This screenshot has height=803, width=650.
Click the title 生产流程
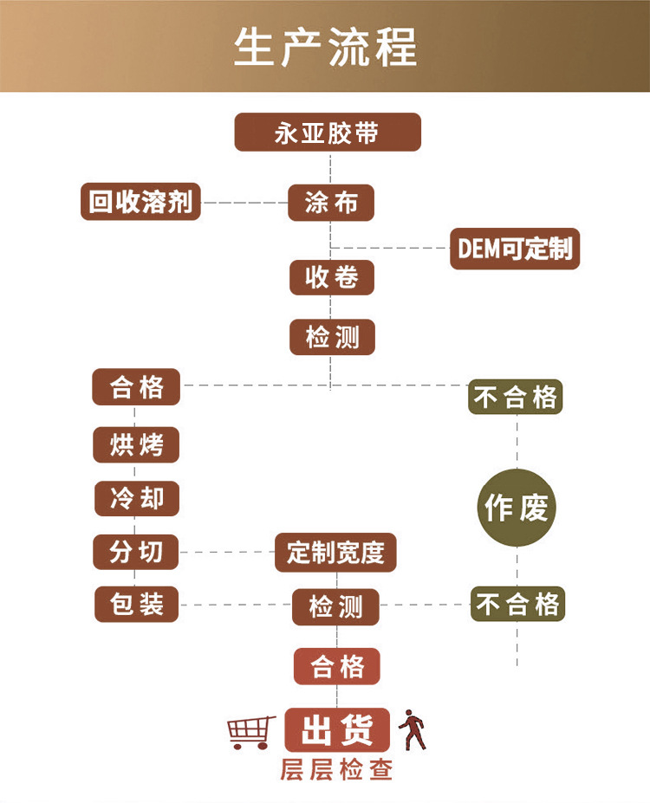point(325,47)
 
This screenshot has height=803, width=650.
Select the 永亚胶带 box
point(328,133)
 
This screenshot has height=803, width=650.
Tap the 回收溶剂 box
point(140,202)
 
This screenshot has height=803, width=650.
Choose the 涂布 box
point(331,203)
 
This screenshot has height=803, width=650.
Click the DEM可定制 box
point(515,249)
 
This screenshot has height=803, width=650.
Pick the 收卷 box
point(331,278)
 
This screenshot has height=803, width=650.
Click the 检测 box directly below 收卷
point(332,336)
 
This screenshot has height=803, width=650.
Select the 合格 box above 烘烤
point(136,386)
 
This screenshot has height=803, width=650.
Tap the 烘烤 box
point(136,445)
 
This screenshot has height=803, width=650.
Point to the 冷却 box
point(136,499)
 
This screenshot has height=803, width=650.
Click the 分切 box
point(135,552)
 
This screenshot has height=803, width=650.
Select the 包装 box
point(136,604)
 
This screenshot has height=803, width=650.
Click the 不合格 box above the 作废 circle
point(516,397)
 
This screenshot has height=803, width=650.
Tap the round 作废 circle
point(517,508)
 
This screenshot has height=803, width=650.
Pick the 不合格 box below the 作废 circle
point(517,604)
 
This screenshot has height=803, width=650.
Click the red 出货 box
point(337,730)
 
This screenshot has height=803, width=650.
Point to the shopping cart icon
point(251,732)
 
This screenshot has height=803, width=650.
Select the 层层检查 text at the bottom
point(336,769)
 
